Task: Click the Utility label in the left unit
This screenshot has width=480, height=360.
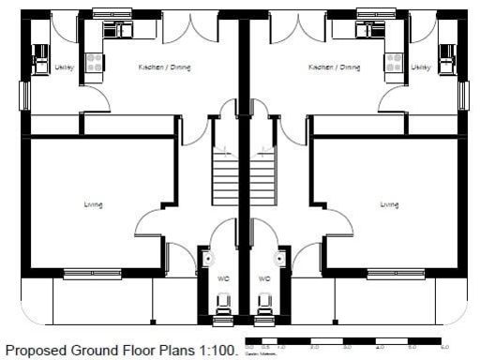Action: [x=64, y=67]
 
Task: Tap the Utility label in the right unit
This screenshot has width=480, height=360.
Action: [x=421, y=67]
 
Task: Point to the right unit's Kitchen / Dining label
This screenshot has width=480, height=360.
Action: [x=334, y=67]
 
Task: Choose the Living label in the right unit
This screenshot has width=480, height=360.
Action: [x=389, y=204]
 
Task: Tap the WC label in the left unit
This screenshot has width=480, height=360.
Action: [x=222, y=278]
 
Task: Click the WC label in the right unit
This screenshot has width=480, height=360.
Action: [x=264, y=278]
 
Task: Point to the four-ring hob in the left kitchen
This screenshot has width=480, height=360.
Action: [x=94, y=62]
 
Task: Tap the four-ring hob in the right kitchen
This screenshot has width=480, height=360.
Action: [x=394, y=62]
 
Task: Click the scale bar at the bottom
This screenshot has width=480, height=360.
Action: [x=343, y=342]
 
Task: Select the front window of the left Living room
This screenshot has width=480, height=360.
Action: [x=92, y=274]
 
